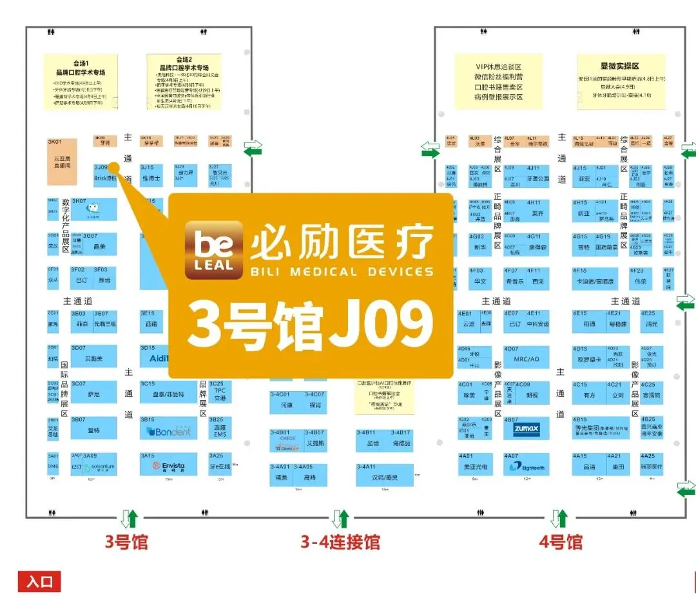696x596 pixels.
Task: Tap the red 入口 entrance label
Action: (x=39, y=581)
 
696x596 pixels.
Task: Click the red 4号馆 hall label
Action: (x=561, y=542)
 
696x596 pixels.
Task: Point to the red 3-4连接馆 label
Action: (x=340, y=542)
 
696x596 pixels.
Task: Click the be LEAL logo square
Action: (x=213, y=250)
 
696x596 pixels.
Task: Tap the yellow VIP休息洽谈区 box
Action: (x=498, y=81)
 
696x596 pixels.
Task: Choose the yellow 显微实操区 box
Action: (x=619, y=81)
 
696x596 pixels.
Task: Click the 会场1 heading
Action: (x=80, y=63)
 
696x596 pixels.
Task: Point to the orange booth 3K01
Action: (x=62, y=162)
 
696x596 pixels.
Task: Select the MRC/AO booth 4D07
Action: (x=527, y=358)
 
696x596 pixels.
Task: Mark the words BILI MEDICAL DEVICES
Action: (x=342, y=271)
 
